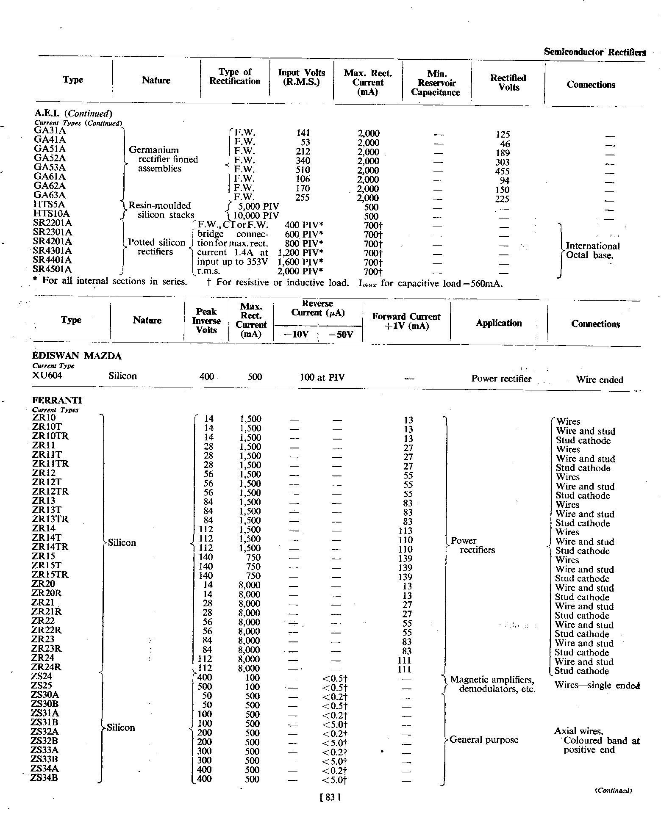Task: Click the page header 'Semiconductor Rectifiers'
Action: click(594, 52)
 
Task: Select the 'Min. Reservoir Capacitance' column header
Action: click(436, 83)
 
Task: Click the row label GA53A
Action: click(50, 167)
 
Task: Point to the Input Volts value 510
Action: click(303, 170)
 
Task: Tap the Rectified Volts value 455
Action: click(502, 171)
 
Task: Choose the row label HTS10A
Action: click(51, 214)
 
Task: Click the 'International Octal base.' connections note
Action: click(593, 251)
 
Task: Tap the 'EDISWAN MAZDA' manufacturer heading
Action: click(77, 356)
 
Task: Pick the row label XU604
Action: click(47, 376)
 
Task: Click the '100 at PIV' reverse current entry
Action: click(322, 377)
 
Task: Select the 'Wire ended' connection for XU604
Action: click(600, 380)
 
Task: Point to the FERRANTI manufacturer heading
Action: click(57, 400)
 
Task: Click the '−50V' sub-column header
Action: click(341, 335)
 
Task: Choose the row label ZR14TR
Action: click(50, 547)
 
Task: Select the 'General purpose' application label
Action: click(484, 740)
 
